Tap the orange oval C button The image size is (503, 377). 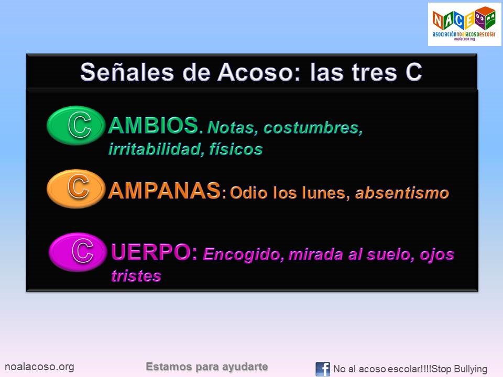(76, 188)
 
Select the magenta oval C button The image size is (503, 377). (78, 252)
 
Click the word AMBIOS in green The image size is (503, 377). (153, 126)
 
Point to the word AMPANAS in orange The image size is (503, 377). (163, 191)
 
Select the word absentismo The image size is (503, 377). (402, 193)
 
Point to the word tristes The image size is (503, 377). (136, 276)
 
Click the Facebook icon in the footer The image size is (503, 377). (323, 369)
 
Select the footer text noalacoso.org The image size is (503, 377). (39, 367)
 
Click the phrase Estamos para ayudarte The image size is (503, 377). (207, 367)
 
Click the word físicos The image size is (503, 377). (235, 149)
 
